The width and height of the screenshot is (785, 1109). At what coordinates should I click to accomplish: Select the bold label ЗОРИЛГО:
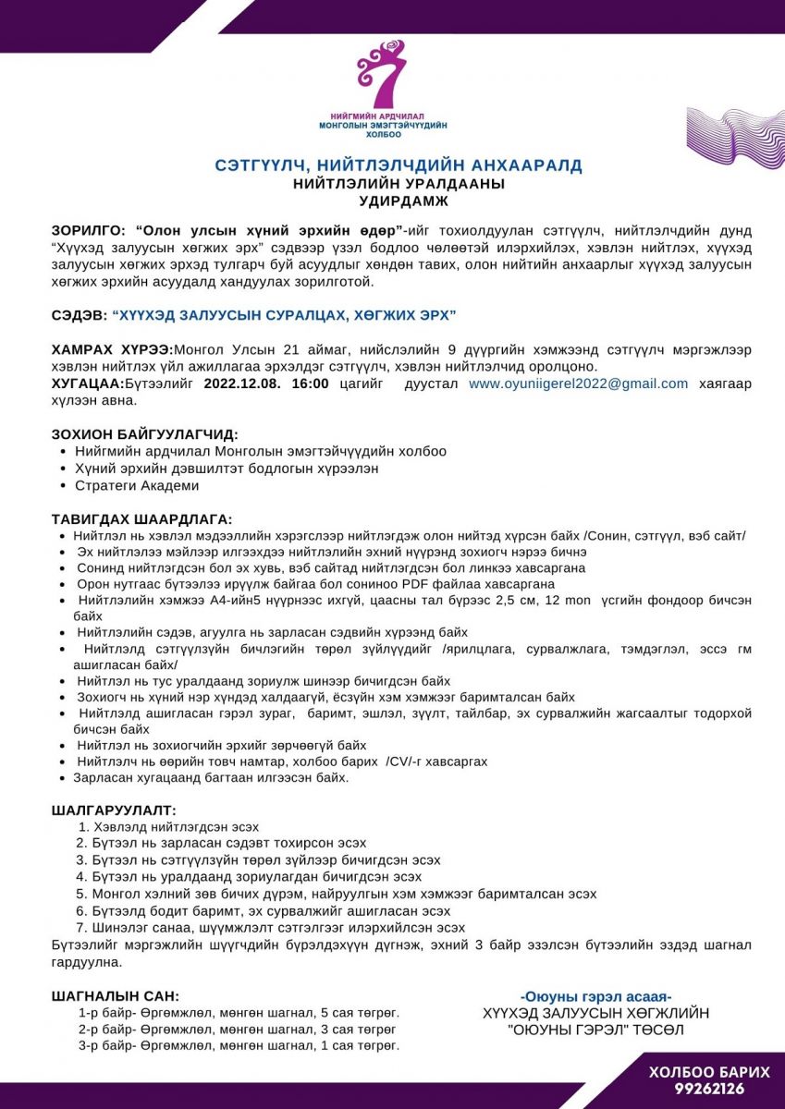88,229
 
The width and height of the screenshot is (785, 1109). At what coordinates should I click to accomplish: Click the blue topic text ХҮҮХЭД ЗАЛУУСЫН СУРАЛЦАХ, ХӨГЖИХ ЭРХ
284,315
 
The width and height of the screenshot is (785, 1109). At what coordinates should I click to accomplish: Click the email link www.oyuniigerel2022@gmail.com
578,384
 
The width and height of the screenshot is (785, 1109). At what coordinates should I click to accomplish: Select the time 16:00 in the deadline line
311,384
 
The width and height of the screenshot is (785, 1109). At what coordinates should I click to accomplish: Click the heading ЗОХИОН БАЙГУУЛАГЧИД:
144,434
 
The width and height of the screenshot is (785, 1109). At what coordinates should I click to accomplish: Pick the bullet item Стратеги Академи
136,485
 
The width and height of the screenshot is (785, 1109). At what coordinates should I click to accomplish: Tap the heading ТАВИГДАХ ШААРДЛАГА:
141,519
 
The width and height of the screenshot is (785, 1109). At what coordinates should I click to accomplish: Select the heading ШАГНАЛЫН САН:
116,996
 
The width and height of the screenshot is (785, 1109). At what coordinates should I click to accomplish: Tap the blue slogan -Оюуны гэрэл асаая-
595,996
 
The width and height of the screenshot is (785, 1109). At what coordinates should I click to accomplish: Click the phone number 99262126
708,1089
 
